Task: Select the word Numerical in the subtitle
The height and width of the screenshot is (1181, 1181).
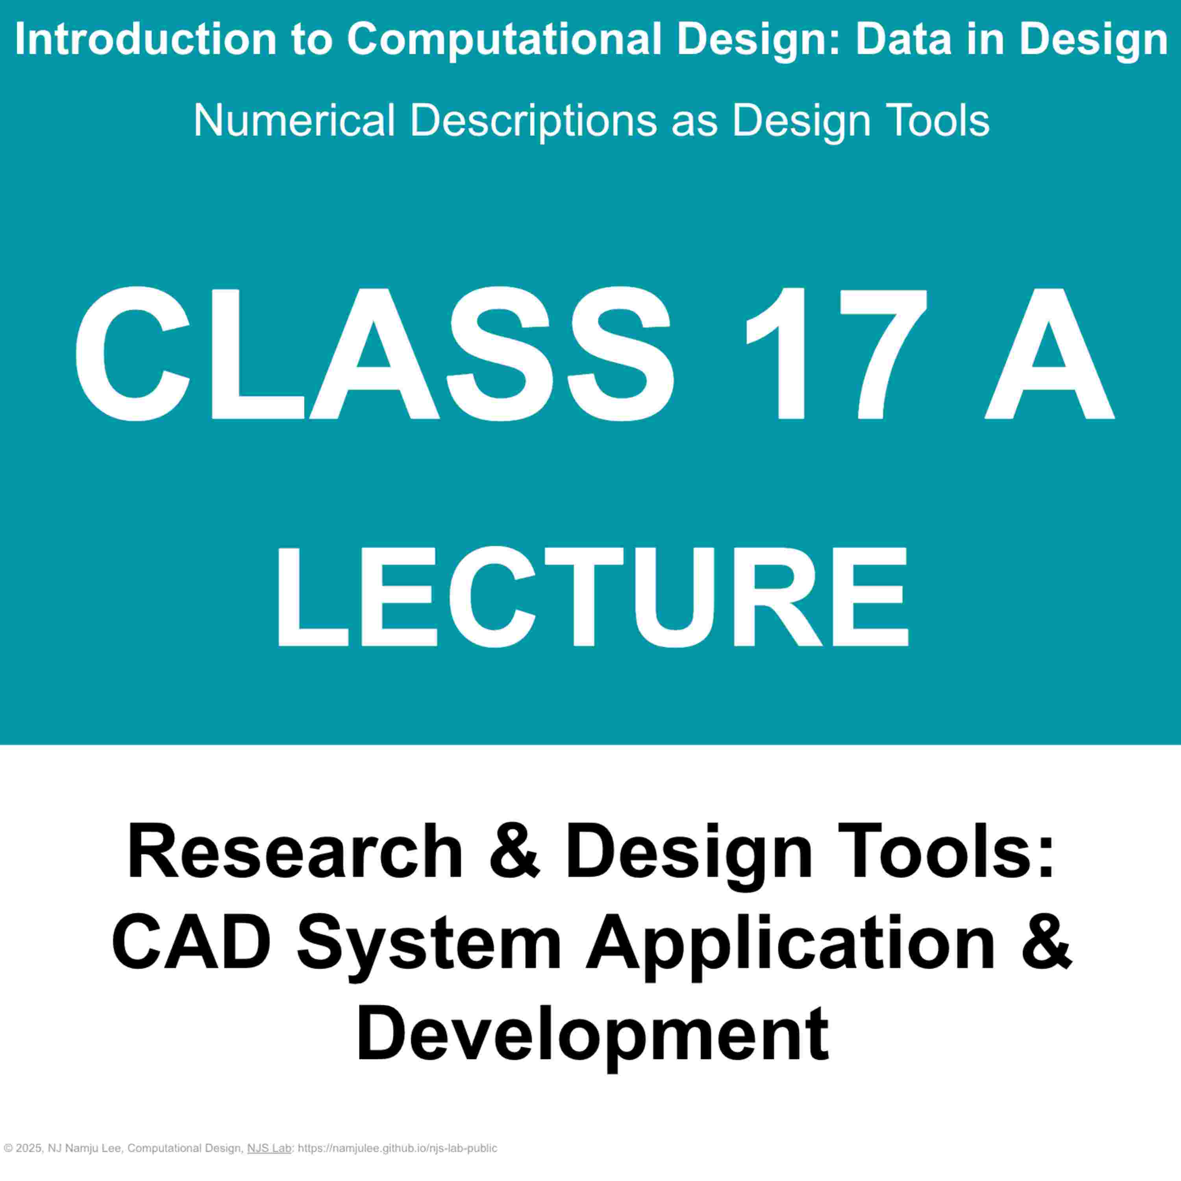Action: click(294, 120)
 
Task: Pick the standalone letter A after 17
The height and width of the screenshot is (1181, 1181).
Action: click(1049, 355)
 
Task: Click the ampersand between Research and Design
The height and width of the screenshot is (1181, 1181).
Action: click(515, 852)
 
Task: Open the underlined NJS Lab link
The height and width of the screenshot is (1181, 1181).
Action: click(269, 1149)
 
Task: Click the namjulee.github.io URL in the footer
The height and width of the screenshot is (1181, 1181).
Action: click(397, 1149)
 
